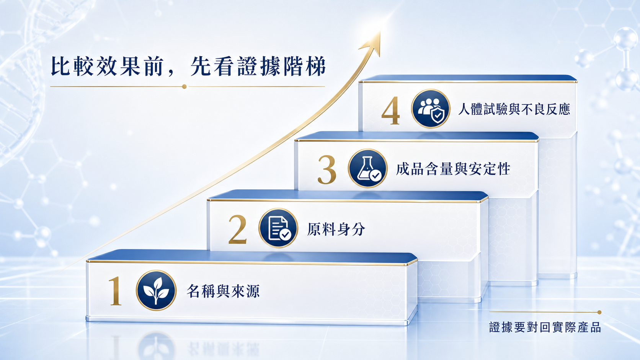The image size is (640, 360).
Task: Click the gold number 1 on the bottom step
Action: pos(116,291)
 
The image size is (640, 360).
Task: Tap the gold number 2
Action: pos(237,230)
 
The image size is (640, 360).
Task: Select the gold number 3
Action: pos(327,169)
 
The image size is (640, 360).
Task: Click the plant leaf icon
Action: pos(156,290)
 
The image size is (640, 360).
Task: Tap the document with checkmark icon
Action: pos(278,228)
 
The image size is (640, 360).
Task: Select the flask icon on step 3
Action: pos(368,168)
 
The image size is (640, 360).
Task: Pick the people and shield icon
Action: pos(431,109)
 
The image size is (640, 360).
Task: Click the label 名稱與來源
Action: pos(223,291)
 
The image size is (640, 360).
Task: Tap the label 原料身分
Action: pos(336,229)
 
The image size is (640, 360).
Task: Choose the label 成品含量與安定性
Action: pos(453,169)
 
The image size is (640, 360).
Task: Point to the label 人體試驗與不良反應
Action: pos(514,109)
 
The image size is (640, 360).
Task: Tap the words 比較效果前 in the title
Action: pos(107,67)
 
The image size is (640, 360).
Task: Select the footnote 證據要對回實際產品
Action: pos(545,327)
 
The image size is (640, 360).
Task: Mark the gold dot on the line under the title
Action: pos(184,86)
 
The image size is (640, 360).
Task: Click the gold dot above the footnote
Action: pos(599,312)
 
